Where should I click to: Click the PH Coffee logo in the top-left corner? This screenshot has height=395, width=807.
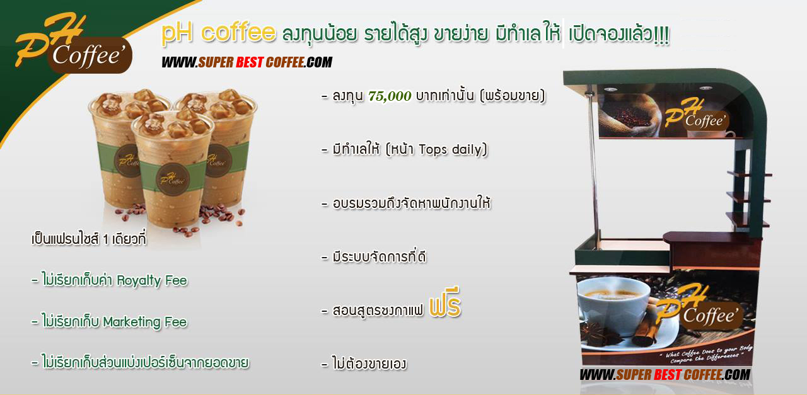pos(74,44)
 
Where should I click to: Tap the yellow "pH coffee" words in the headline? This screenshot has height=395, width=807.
pos(218,33)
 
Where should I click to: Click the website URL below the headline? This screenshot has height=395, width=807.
pos(247,62)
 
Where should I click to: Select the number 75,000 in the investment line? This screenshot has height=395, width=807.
pos(390,96)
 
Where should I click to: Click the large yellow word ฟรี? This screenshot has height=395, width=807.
pos(445,303)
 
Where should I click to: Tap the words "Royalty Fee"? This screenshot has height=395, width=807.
pos(152,281)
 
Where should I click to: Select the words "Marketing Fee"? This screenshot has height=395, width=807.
pos(145,322)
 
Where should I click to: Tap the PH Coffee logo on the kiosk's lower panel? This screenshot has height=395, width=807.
pos(699,307)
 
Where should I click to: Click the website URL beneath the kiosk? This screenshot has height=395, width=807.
pos(665,375)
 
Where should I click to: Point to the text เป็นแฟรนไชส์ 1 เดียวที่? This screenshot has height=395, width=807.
pos(89,239)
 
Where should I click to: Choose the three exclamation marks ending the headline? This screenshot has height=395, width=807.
pos(661,35)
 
